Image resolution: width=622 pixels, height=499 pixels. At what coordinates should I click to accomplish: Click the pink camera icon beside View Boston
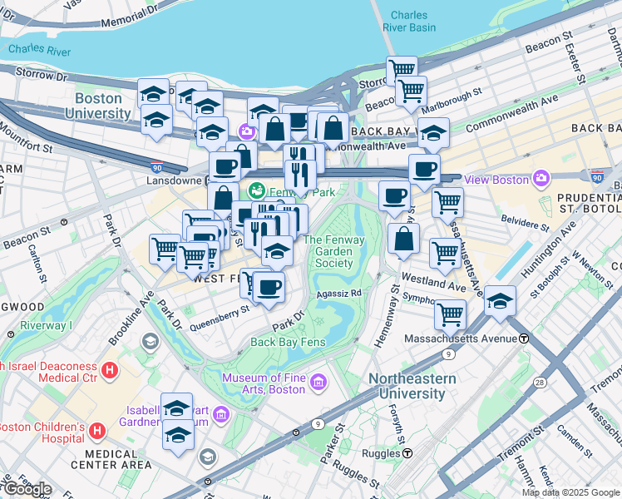542,179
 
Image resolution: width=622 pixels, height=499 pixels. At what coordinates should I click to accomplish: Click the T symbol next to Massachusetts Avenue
525,338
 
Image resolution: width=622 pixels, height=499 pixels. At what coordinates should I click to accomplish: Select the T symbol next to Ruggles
408,454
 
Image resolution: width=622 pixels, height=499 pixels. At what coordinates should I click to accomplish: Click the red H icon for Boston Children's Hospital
97,430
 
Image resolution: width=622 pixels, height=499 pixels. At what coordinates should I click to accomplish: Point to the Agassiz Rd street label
338,294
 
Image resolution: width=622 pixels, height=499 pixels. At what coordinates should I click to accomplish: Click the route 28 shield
540,382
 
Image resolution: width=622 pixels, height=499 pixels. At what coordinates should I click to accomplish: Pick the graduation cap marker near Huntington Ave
501,303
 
